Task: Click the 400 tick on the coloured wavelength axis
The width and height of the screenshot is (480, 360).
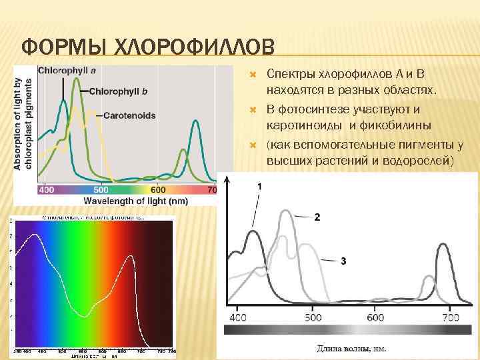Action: [x=46, y=190]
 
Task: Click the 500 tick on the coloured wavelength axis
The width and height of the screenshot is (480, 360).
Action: [x=102, y=190]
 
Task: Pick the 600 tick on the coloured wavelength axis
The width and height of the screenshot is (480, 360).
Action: [x=158, y=190]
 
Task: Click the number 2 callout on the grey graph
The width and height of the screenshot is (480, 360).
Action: [x=317, y=217]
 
